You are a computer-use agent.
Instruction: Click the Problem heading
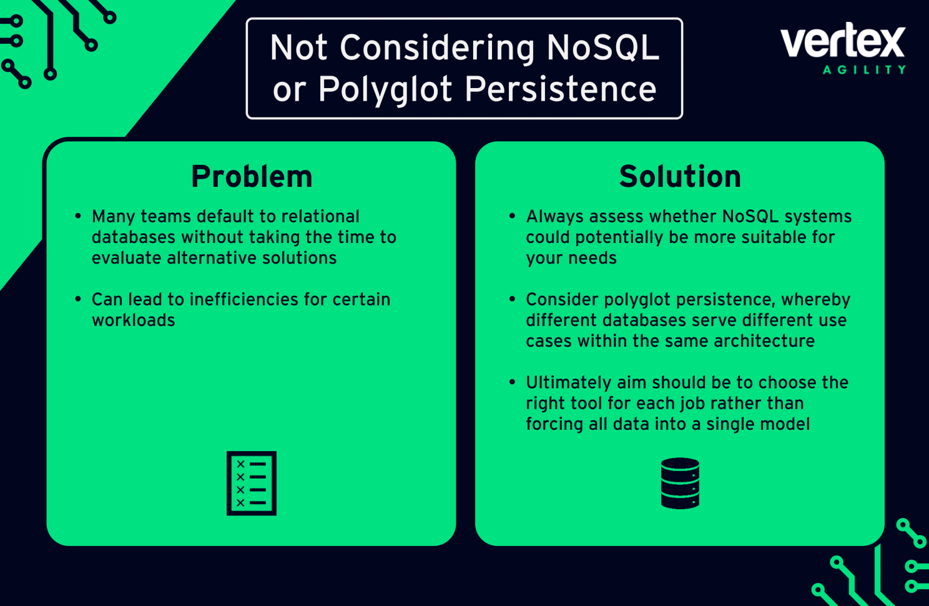click(x=252, y=177)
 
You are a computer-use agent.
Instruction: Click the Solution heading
click(x=680, y=177)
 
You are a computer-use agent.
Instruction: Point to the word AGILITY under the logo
click(x=864, y=70)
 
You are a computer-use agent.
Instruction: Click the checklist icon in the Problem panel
click(x=252, y=483)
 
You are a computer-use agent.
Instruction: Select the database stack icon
click(x=680, y=483)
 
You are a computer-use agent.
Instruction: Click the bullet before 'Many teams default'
click(x=78, y=216)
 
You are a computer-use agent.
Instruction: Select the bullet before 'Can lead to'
click(x=78, y=299)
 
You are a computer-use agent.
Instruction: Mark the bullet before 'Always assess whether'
click(x=512, y=216)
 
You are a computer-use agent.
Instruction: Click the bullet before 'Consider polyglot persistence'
click(x=512, y=299)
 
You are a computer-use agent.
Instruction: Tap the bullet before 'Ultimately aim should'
click(x=512, y=382)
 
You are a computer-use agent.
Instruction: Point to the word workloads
click(x=134, y=320)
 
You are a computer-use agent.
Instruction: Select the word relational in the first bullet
click(x=320, y=217)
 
